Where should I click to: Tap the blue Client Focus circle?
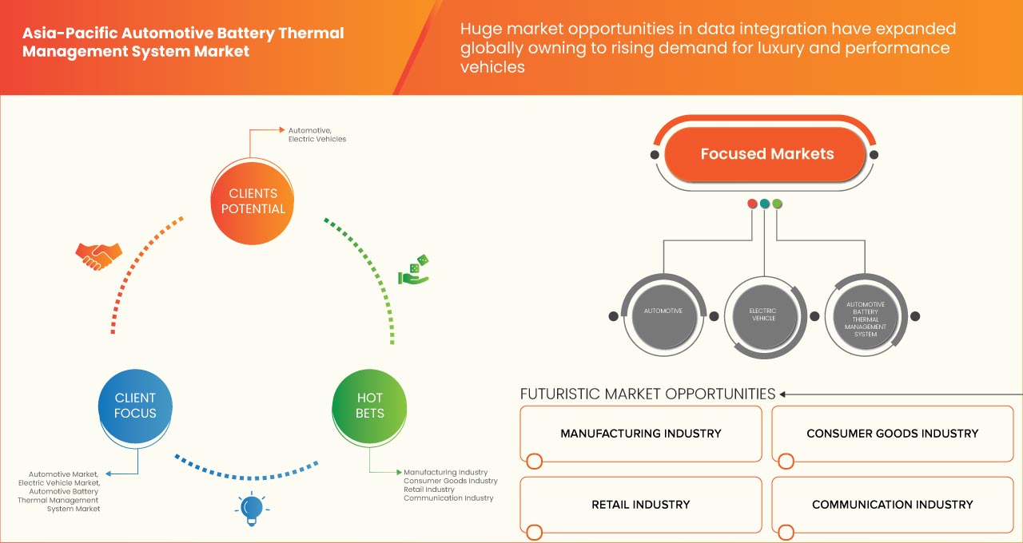(x=135, y=406)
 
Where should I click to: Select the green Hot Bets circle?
(x=369, y=406)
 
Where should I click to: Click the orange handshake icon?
(x=98, y=255)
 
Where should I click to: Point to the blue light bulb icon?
(x=252, y=508)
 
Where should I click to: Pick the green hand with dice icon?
(x=413, y=271)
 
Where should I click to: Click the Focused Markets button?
(x=766, y=154)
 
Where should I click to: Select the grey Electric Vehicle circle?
(x=762, y=315)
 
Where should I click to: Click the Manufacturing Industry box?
(x=640, y=434)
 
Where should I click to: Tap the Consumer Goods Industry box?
(x=892, y=434)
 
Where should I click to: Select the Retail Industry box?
(x=640, y=505)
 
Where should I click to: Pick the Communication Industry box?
(x=892, y=505)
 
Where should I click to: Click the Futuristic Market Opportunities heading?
(x=647, y=394)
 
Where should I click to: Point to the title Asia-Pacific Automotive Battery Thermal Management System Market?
(x=183, y=42)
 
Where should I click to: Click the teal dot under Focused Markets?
(x=765, y=204)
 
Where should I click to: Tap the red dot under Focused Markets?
(x=752, y=204)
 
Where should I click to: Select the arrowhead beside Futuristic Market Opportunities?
(x=783, y=394)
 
